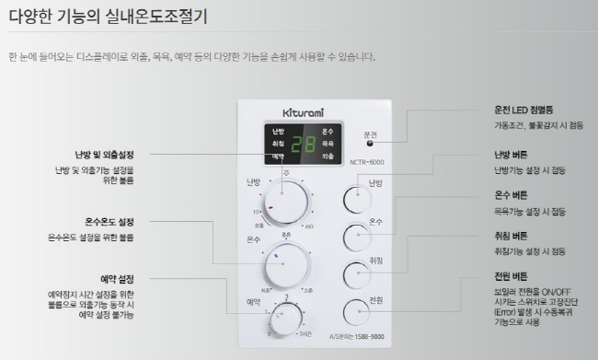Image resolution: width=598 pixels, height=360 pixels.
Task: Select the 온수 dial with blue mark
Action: pos(285,265)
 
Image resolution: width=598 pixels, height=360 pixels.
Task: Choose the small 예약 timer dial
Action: pos(287,319)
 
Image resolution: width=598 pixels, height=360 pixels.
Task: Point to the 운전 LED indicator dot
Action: pos(370,143)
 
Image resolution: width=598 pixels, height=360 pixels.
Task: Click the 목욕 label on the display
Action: pos(328,145)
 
